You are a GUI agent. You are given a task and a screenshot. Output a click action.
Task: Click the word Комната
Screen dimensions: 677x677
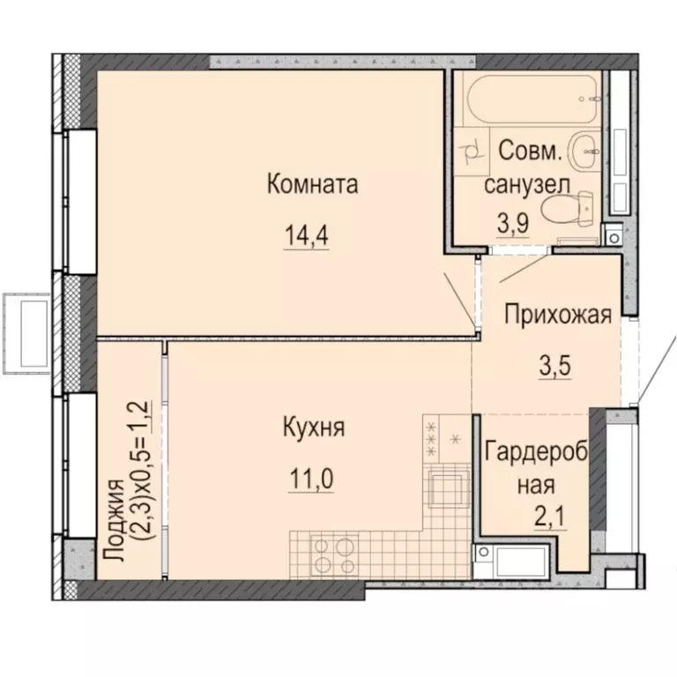point(312,185)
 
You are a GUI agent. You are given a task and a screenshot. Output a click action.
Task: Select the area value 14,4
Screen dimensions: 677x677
point(306,236)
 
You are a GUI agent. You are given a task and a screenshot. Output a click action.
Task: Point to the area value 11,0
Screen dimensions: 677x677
point(311,480)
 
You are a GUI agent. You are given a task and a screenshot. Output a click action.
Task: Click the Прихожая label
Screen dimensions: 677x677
point(557,315)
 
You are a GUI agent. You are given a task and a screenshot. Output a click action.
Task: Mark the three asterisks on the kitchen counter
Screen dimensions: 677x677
point(432,439)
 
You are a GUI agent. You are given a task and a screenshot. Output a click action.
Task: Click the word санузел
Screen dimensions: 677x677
point(527,184)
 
